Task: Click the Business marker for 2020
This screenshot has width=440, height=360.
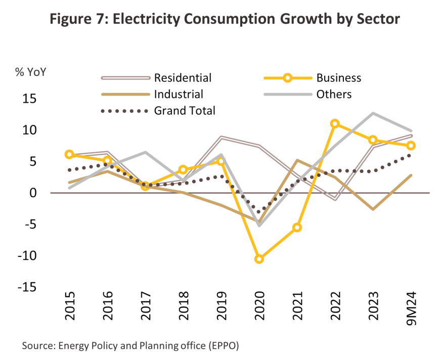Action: (x=259, y=259)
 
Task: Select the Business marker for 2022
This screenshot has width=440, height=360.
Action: (x=334, y=124)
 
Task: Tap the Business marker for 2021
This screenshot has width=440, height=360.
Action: (x=297, y=228)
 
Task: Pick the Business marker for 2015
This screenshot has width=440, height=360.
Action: (x=69, y=155)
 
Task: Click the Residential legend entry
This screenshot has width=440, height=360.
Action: (x=183, y=78)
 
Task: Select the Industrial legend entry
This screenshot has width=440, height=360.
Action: (x=179, y=94)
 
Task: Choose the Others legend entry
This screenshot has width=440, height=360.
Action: (x=334, y=94)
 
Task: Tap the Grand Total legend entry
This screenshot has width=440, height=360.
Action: (x=185, y=110)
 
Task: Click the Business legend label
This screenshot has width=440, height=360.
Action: (x=339, y=78)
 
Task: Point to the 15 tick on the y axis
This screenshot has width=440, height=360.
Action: (x=30, y=99)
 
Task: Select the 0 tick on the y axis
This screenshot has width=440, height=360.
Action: (x=33, y=193)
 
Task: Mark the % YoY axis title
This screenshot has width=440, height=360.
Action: (x=30, y=72)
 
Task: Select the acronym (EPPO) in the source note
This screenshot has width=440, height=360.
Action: (x=220, y=346)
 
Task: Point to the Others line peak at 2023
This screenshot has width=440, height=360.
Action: (x=372, y=113)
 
